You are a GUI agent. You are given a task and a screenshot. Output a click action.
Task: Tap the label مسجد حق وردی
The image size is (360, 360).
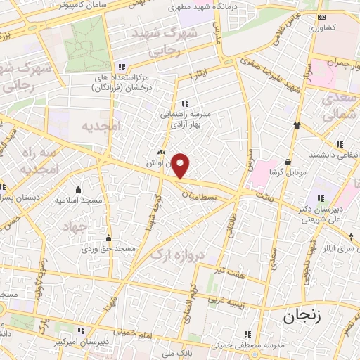point(109,249)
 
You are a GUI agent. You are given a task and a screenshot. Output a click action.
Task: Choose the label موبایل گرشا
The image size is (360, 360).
point(285,172)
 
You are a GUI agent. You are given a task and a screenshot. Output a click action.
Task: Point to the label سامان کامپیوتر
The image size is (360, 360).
point(63,5)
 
